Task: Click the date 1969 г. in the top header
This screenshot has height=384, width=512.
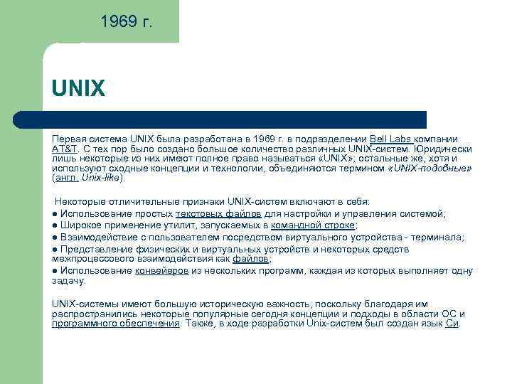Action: point(126,23)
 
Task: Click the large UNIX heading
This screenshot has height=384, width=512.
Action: point(78,90)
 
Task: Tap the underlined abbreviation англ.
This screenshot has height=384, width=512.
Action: point(68,178)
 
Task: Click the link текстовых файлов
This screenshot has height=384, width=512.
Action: point(218,213)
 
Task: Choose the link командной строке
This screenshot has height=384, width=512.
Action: point(313,225)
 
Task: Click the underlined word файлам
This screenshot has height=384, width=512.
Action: point(251,260)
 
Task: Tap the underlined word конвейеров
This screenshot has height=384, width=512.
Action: point(161,271)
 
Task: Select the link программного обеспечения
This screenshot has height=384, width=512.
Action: point(116,324)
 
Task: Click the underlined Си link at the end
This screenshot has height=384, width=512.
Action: point(452,324)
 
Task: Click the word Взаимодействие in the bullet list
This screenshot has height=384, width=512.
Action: point(98,237)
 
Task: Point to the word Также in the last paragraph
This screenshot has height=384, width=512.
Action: point(200,324)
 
